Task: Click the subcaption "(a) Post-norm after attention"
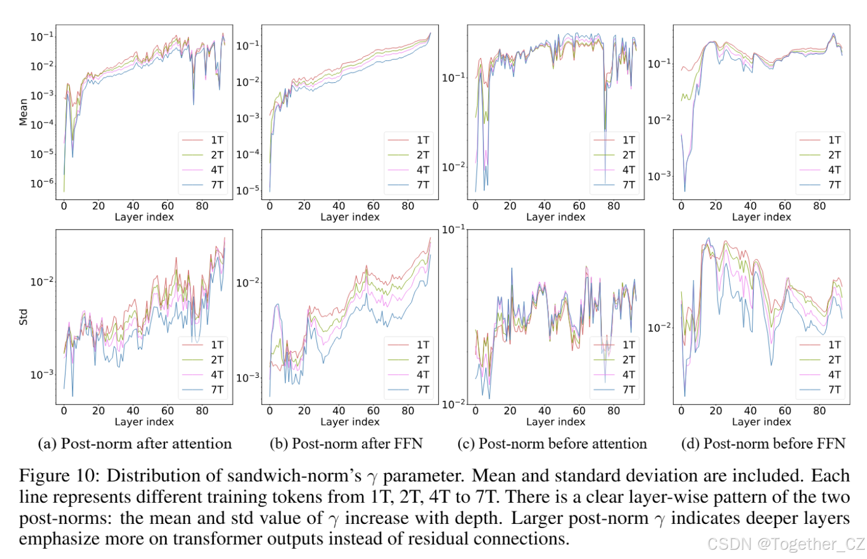pos(135,443)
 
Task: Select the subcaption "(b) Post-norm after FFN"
pos(346,443)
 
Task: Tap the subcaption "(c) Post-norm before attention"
pos(552,443)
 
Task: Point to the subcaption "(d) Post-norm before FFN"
pos(763,443)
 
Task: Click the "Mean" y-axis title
pos(24,112)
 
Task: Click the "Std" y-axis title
pos(24,317)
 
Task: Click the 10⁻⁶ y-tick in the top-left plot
pos(42,183)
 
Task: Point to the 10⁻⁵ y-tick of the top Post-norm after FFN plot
pos(248,189)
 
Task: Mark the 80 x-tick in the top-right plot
pos(819,206)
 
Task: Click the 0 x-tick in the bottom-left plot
pos(64,411)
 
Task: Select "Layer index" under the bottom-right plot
pos(761,422)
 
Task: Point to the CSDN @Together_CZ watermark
pos(785,543)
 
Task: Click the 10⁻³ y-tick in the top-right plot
pos(659,176)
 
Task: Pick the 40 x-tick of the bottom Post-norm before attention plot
pos(544,411)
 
